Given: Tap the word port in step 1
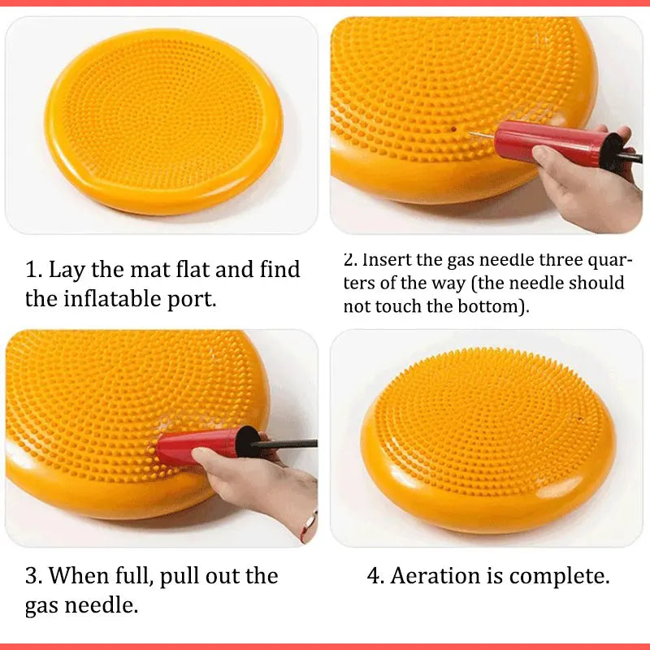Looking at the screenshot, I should (194, 299).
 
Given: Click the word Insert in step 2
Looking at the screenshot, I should (387, 260).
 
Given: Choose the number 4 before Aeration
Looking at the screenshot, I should (375, 577).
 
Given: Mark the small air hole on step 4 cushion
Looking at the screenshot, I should (580, 419).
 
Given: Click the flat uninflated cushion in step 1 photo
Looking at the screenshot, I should (162, 122).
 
